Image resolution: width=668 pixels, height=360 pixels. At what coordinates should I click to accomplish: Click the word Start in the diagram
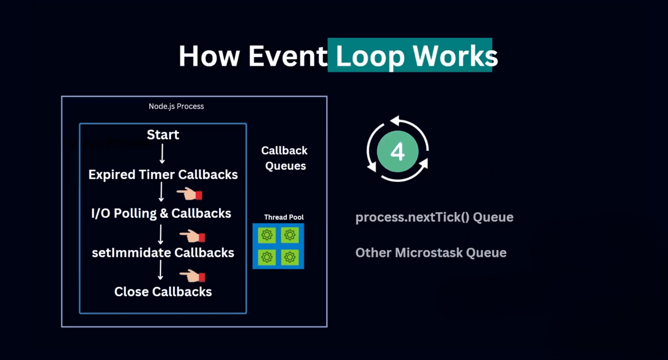tap(163, 135)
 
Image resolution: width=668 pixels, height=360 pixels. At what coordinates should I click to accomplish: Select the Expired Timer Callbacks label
tap(163, 175)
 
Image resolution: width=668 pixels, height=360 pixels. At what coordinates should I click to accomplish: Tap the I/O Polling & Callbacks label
tap(161, 213)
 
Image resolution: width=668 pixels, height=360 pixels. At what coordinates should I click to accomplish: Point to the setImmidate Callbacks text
tap(163, 252)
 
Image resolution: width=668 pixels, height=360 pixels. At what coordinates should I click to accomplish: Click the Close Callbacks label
tap(163, 292)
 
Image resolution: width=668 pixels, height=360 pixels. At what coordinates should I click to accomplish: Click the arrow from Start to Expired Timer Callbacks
tap(162, 154)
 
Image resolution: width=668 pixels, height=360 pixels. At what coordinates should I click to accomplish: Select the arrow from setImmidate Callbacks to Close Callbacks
tap(160, 270)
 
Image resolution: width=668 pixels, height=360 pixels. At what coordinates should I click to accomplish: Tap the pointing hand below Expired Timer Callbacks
tap(189, 194)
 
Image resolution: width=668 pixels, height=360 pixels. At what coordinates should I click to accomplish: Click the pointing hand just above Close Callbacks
tap(192, 276)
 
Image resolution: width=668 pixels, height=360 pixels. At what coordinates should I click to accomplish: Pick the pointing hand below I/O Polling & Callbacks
tap(192, 236)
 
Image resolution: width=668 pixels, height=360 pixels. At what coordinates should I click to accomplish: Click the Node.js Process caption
tap(176, 106)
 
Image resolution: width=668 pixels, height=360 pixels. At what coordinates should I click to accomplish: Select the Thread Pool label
tap(284, 217)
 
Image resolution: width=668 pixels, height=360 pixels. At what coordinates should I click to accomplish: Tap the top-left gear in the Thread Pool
tap(267, 235)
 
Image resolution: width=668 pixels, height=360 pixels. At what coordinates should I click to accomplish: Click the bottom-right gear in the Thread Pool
tap(290, 257)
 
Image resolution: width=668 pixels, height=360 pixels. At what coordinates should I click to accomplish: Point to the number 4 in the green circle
tap(398, 152)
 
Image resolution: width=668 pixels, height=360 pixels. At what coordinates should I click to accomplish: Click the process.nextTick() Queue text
tap(434, 217)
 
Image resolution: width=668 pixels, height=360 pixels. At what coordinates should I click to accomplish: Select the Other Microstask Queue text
tap(431, 252)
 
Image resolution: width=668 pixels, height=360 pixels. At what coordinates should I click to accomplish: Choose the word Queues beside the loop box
tap(285, 166)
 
